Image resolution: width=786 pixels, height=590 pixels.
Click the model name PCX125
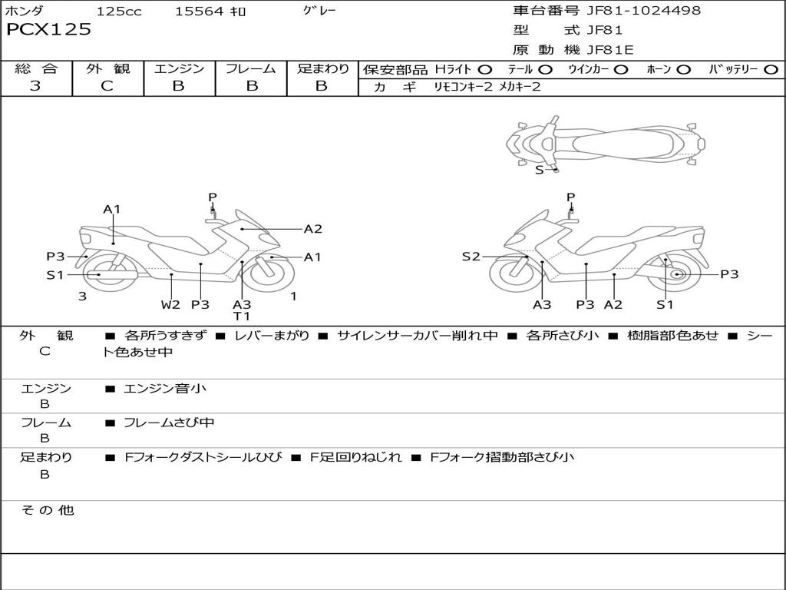48,30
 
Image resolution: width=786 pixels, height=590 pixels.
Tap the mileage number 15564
199,11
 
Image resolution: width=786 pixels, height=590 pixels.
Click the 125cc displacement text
119,11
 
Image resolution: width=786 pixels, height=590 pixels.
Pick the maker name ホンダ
25,11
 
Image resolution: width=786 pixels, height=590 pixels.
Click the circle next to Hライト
485,70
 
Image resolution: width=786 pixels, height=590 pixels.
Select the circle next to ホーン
684,70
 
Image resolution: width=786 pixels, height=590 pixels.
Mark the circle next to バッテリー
771,70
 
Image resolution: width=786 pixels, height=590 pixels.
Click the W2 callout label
170,304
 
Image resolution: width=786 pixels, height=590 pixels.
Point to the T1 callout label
242,316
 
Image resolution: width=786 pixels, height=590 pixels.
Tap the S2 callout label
471,257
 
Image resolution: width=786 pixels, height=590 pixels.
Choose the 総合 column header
36,69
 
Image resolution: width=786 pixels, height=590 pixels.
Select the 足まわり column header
322,69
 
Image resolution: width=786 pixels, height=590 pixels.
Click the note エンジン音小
165,389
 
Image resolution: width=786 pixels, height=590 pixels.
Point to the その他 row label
47,510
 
